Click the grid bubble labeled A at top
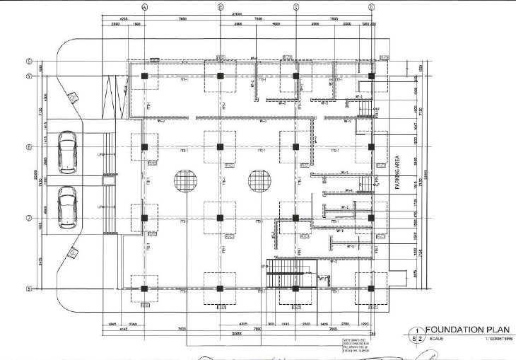point(144,7)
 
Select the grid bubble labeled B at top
point(221,7)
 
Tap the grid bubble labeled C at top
point(295,7)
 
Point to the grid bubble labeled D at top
point(371,7)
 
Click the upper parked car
point(67,151)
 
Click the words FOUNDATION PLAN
point(464,330)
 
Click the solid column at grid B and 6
point(221,147)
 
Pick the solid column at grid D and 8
point(371,289)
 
